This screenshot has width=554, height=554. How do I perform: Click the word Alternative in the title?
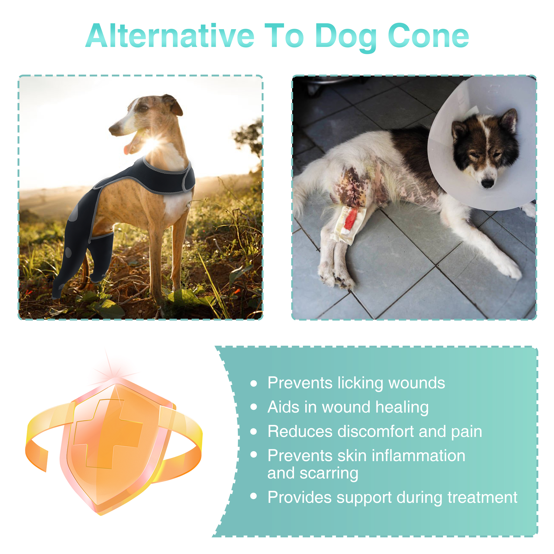click(170, 36)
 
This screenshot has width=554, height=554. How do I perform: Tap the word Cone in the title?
click(428, 36)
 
